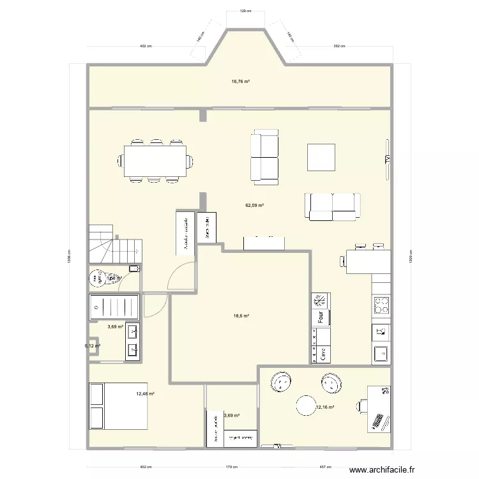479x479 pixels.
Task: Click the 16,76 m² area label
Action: tap(240, 81)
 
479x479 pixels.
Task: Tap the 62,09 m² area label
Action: tap(255, 206)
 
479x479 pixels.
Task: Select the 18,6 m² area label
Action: tap(240, 316)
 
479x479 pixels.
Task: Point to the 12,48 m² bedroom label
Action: tap(145, 394)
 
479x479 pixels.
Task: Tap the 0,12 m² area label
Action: tap(93, 346)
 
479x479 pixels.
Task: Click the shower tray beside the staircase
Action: tap(114, 306)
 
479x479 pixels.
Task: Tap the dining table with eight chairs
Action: tap(156, 160)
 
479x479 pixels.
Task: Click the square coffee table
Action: tap(321, 157)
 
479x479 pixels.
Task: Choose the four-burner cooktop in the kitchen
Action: tap(381, 305)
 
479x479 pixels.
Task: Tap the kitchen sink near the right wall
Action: tap(381, 352)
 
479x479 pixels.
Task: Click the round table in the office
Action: tap(306, 406)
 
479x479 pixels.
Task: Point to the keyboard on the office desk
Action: tap(379, 420)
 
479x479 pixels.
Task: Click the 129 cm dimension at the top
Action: tap(243, 11)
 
